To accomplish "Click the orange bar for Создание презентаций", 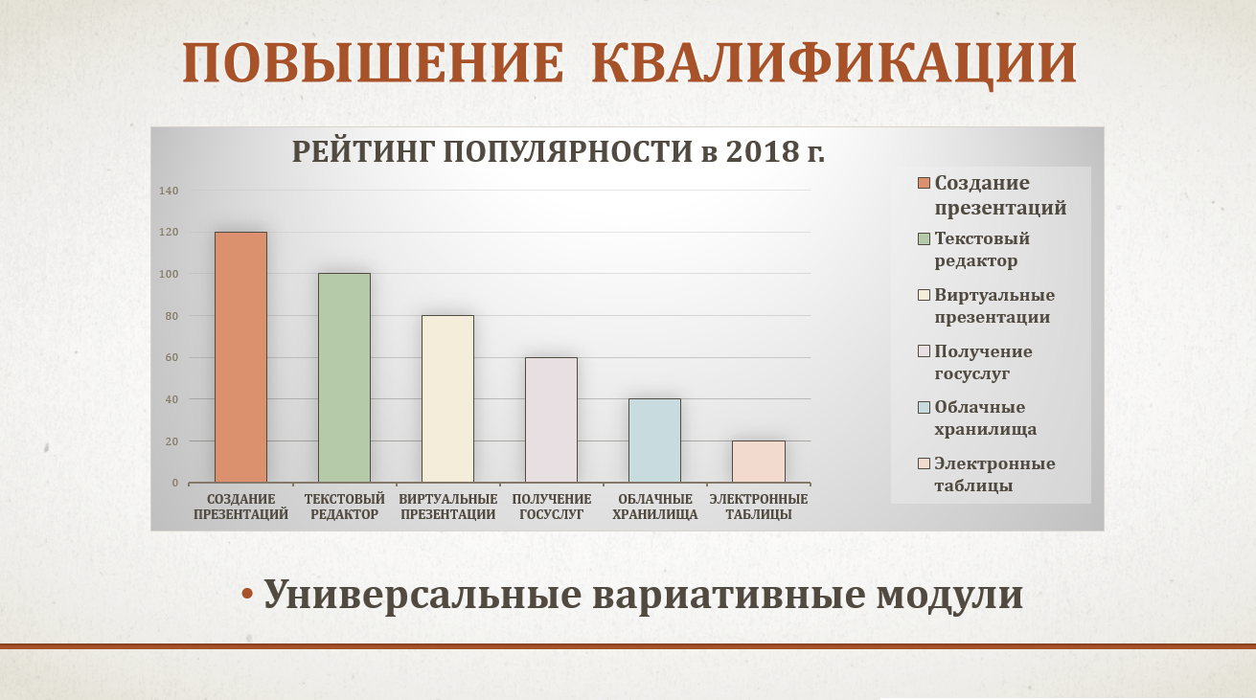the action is click(x=240, y=357).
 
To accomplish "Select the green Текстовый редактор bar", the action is click(x=344, y=377).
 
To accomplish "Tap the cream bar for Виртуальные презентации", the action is click(x=447, y=398).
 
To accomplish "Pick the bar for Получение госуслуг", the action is click(x=551, y=419).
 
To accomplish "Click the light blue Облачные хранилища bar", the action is click(x=654, y=440).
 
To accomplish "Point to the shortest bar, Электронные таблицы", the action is click(x=758, y=462).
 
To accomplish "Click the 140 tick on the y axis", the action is click(x=169, y=191).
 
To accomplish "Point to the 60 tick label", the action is click(x=171, y=357).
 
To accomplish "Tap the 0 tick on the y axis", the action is click(x=175, y=483).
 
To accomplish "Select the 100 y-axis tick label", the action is click(x=169, y=274).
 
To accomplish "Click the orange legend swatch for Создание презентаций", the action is click(x=924, y=183).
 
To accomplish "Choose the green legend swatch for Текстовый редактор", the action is click(x=924, y=238).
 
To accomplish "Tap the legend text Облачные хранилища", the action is click(x=985, y=418).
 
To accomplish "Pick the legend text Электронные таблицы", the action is click(x=994, y=474).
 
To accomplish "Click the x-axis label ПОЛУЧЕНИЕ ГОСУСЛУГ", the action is click(x=552, y=507).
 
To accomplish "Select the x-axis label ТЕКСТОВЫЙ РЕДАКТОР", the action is click(x=344, y=507).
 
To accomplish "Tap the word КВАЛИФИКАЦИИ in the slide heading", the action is click(x=834, y=63).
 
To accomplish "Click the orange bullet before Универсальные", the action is click(x=247, y=594).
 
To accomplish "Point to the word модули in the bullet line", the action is click(x=949, y=596).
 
